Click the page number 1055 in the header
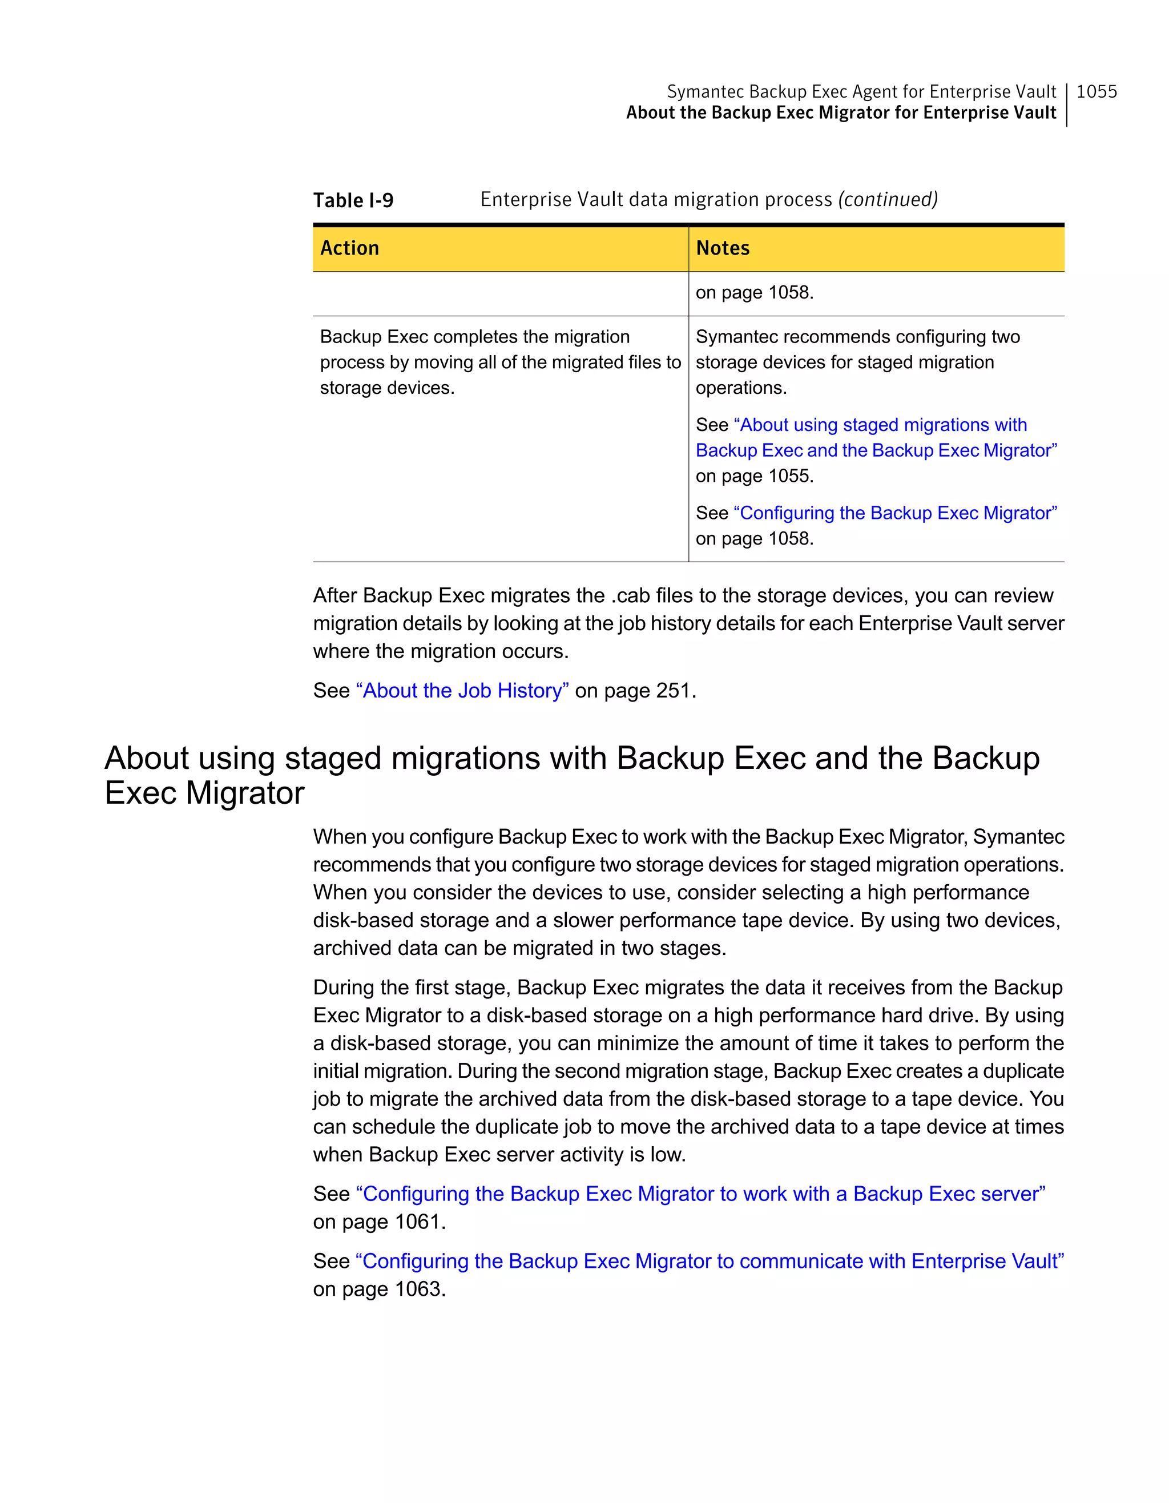pyautogui.click(x=1096, y=91)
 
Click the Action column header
pyautogui.click(x=349, y=248)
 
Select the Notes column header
pyautogui.click(x=723, y=248)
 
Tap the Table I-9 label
pyautogui.click(x=353, y=200)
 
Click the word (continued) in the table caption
pyautogui.click(x=888, y=200)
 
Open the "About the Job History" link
pyautogui.click(x=462, y=690)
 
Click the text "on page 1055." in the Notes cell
pyautogui.click(x=754, y=476)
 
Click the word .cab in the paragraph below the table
pyautogui.click(x=630, y=595)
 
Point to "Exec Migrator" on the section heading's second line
pyautogui.click(x=204, y=793)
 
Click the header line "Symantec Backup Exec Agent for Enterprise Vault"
pyautogui.click(x=861, y=91)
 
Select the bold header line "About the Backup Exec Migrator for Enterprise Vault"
pyautogui.click(x=840, y=113)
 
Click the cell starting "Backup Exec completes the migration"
pyautogui.click(x=475, y=337)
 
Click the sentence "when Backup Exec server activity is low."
pyautogui.click(x=499, y=1154)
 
